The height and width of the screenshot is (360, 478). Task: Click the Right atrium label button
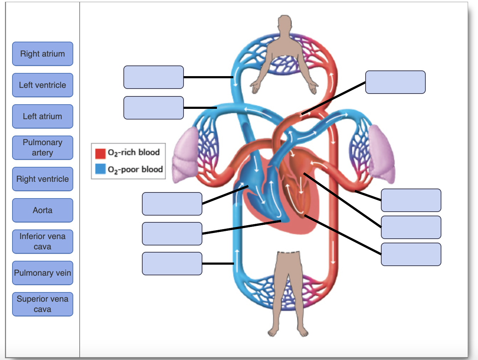point(43,54)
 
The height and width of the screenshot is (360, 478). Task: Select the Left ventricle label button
point(43,85)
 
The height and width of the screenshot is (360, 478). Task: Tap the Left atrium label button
point(43,116)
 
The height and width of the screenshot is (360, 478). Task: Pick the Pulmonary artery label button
point(43,148)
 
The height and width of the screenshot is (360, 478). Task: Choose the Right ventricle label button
point(43,179)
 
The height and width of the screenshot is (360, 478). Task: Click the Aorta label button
point(43,210)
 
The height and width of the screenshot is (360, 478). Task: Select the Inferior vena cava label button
point(43,242)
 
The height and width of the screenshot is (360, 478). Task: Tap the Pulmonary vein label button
point(43,273)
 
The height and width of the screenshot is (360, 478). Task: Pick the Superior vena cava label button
point(43,304)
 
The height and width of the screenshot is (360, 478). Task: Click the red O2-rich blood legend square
point(100,153)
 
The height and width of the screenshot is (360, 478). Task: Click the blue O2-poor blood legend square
point(100,169)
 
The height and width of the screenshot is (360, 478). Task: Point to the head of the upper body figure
point(285,23)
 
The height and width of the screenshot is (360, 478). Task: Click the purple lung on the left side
point(186,156)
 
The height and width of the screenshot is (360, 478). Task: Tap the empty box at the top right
point(395,82)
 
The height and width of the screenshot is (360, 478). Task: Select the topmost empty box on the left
point(154,77)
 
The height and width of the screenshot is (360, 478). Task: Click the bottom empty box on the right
point(411,254)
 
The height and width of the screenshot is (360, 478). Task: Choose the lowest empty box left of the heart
point(172,264)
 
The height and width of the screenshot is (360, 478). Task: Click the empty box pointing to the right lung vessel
point(411,200)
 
